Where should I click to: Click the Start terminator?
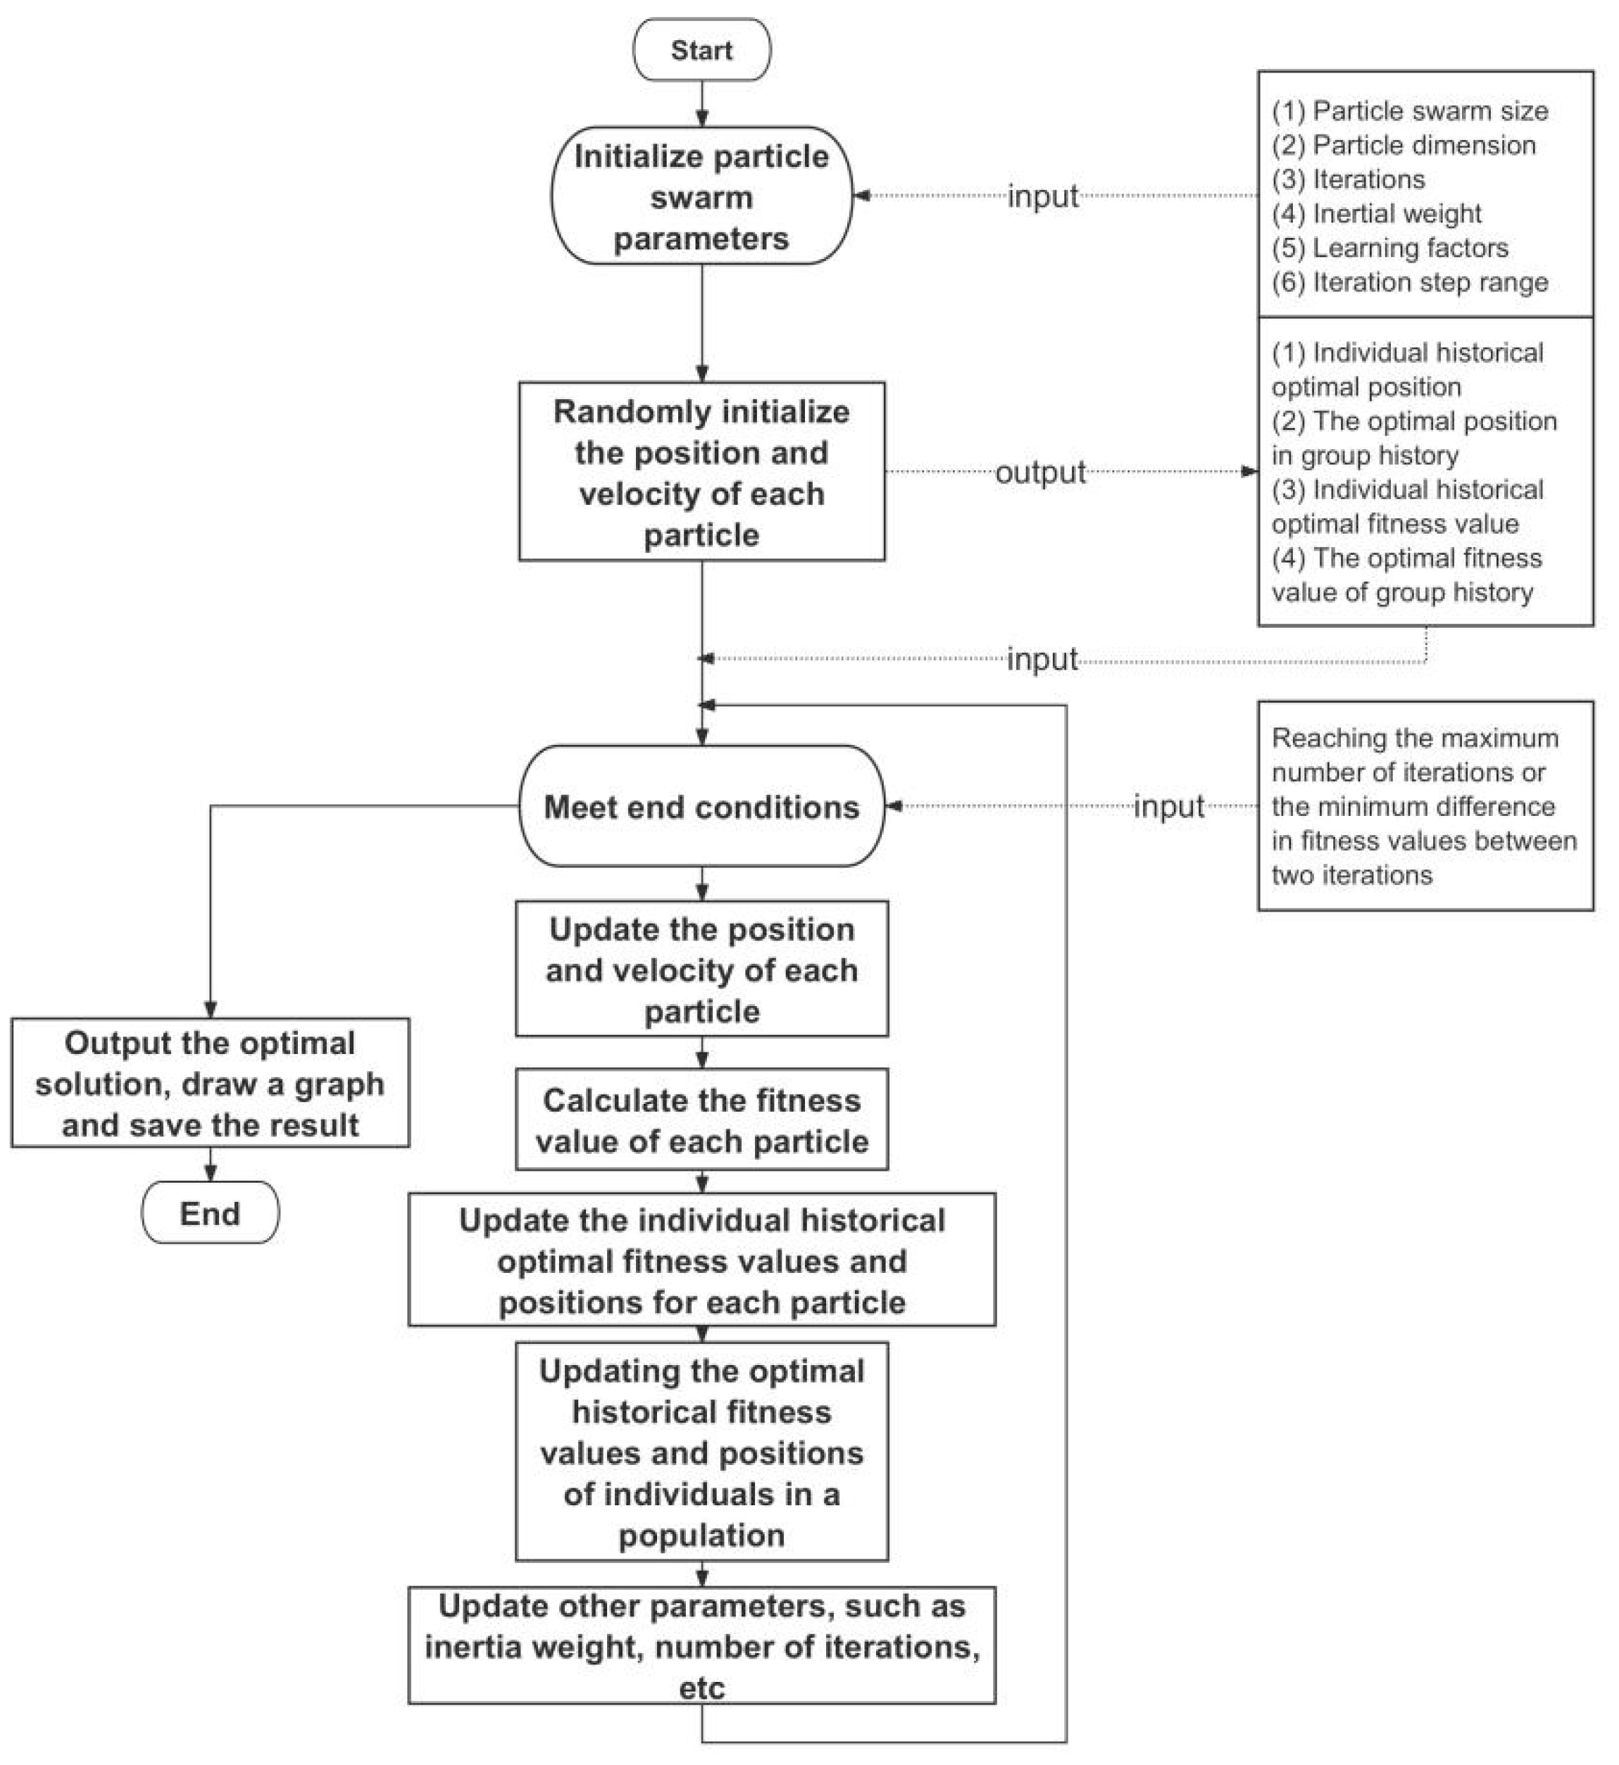click(701, 50)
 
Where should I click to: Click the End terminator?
click(211, 1213)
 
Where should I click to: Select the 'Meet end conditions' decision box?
click(701, 807)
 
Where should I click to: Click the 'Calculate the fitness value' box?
click(701, 1120)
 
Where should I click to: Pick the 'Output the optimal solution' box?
click(211, 1084)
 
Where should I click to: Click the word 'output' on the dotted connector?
click(1040, 472)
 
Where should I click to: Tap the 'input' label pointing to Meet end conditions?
click(1169, 807)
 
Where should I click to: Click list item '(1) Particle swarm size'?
click(1410, 111)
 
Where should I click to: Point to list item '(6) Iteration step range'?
click(1410, 282)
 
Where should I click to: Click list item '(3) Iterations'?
click(1349, 180)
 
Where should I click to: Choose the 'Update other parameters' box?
click(701, 1646)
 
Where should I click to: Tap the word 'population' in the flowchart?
click(701, 1535)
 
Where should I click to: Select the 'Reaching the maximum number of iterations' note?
click(1425, 806)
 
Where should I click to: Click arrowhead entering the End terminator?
click(211, 1174)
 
